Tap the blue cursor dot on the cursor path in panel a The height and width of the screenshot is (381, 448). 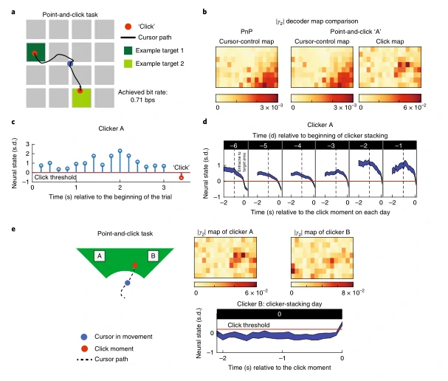[70, 65]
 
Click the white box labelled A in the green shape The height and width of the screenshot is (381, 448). [98, 256]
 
